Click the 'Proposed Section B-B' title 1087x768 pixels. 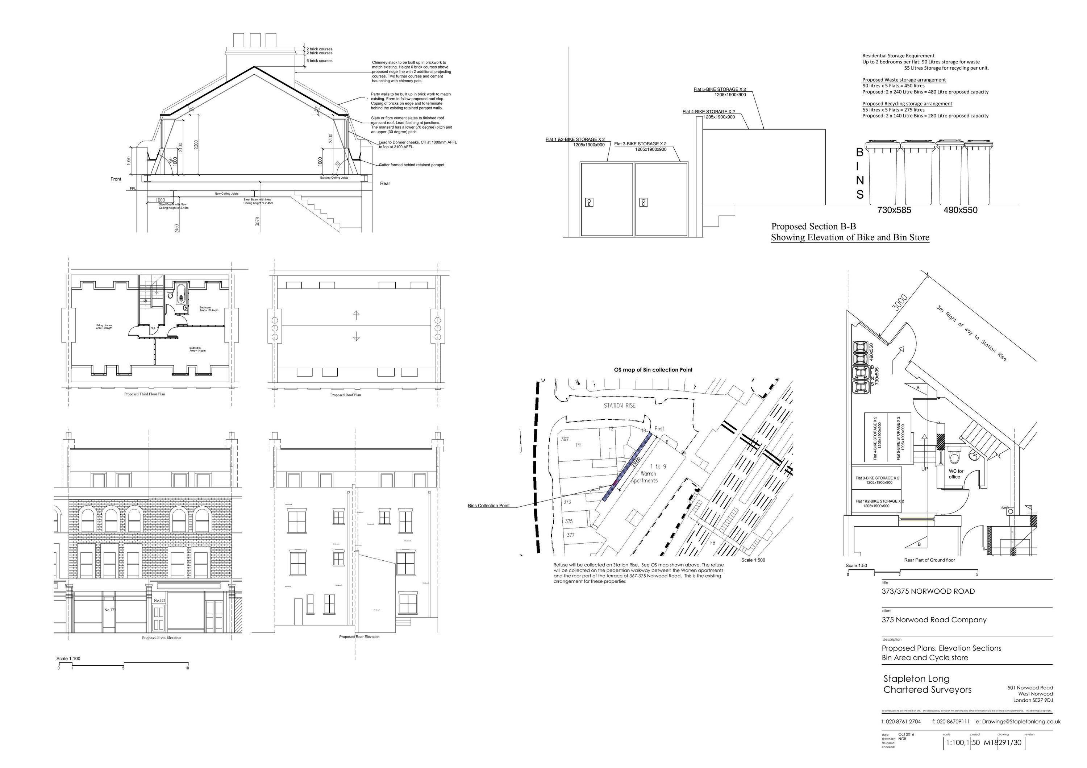point(813,226)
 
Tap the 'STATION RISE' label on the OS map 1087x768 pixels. point(619,405)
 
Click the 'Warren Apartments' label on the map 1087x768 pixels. point(648,473)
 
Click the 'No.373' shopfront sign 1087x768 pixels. point(110,610)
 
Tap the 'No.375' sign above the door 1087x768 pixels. point(159,601)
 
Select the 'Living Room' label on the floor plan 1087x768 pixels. point(104,326)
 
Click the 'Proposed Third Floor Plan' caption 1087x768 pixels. point(145,394)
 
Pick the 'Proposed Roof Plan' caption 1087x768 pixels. point(346,395)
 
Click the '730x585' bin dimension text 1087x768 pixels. point(894,210)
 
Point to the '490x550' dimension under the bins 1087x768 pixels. point(960,210)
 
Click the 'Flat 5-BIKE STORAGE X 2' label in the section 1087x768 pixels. point(720,89)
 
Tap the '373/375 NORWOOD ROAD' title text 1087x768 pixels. point(928,591)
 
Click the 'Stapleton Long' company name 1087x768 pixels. point(916,678)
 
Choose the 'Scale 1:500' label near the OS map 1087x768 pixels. point(753,560)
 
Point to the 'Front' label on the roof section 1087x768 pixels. point(116,179)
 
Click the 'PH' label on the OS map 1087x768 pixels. point(579,445)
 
